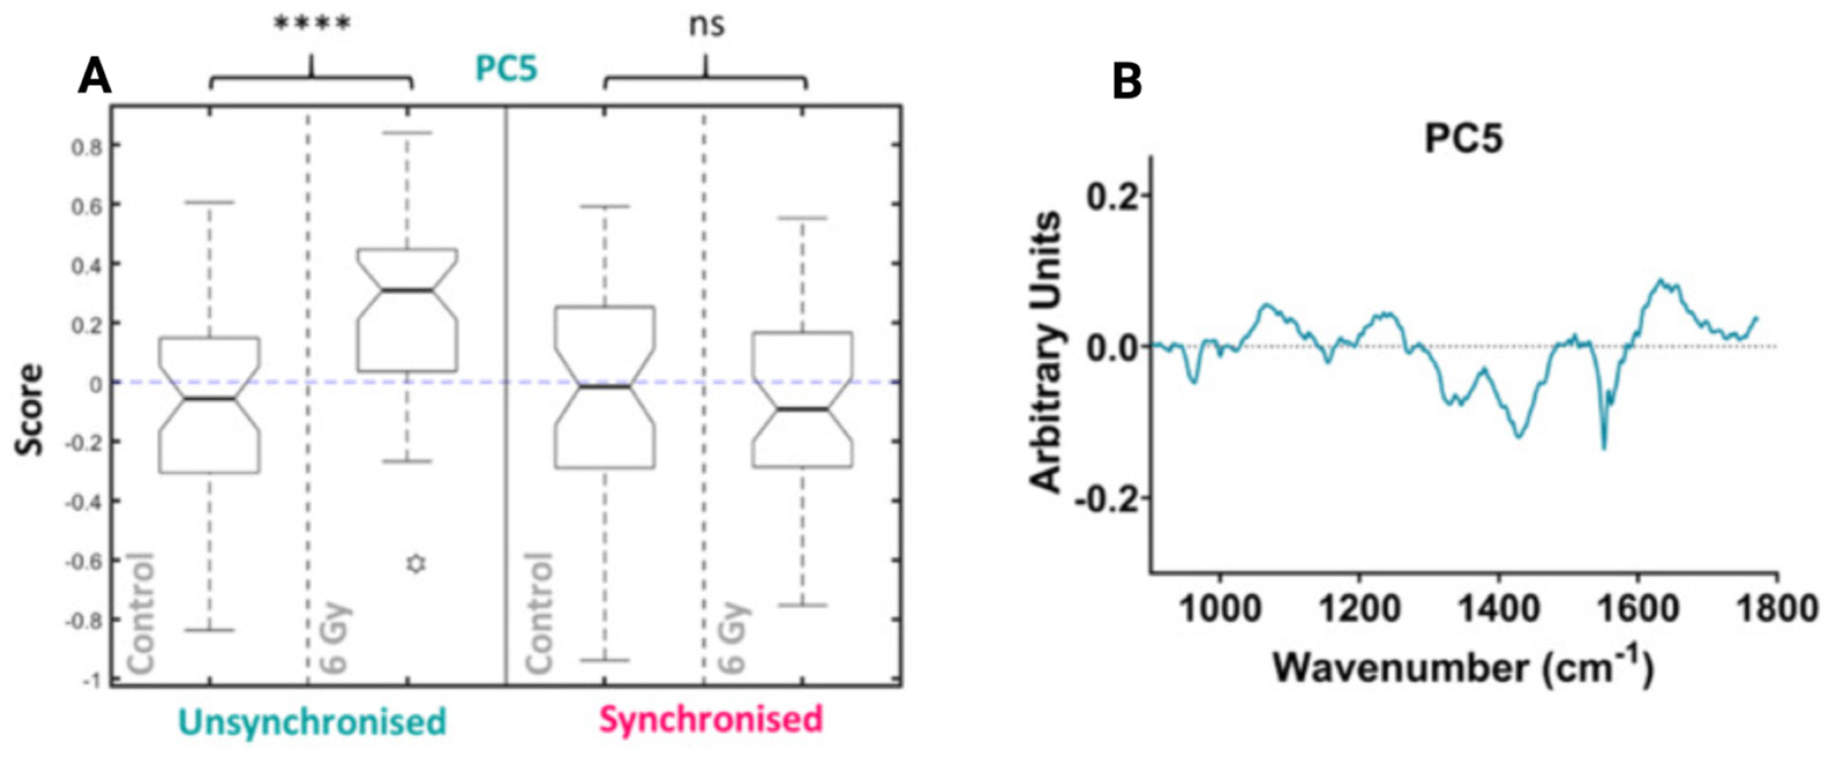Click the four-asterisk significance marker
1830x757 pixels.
coord(312,25)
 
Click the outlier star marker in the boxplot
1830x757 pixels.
coord(417,564)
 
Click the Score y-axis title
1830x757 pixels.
coord(31,409)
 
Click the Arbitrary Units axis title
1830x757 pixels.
coord(1047,352)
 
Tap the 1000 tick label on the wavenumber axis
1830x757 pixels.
coord(1220,609)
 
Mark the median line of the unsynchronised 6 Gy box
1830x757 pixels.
coord(407,290)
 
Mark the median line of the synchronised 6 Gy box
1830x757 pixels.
coord(802,409)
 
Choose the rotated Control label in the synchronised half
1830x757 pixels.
coord(539,612)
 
